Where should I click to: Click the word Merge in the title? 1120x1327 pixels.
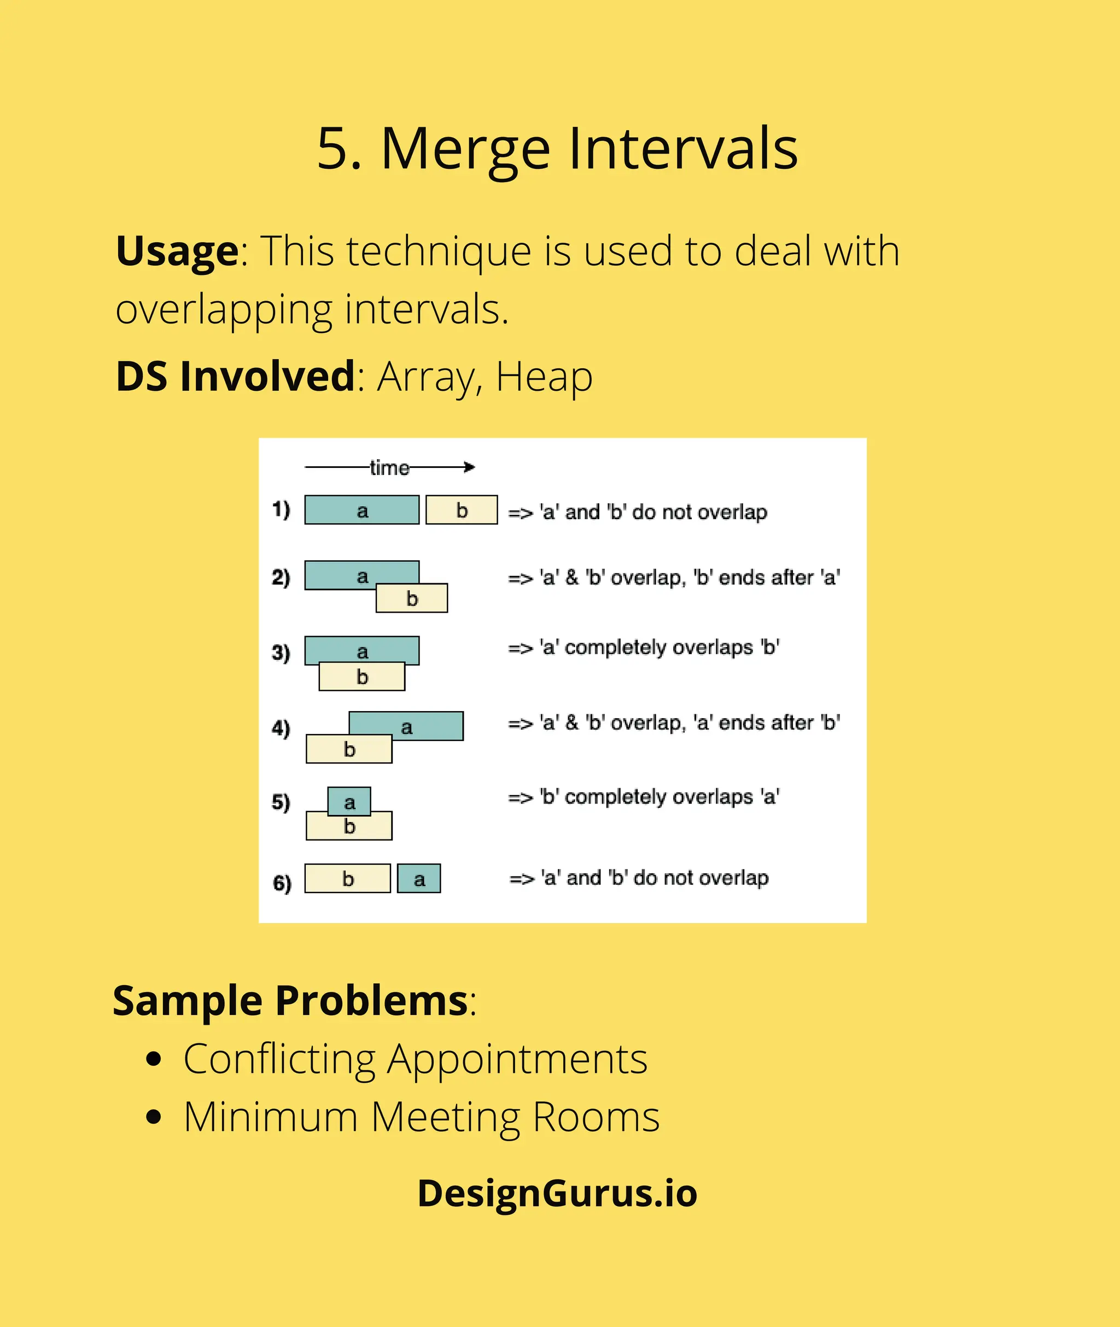point(465,150)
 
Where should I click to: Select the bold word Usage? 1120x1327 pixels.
point(177,251)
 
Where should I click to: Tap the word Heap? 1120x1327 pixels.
point(544,377)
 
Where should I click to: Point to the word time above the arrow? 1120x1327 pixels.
point(389,468)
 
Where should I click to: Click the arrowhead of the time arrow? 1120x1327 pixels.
point(470,468)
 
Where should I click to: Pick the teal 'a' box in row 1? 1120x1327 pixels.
point(361,510)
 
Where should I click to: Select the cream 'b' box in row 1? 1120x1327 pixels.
point(462,510)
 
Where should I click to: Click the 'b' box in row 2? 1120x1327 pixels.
point(412,599)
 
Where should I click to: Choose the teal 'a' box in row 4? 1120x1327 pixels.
point(406,726)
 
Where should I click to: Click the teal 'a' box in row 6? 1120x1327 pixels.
point(419,879)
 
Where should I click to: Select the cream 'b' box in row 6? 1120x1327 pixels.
point(348,879)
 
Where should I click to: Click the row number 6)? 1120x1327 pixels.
point(282,883)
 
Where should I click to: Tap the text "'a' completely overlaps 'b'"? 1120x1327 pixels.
point(659,647)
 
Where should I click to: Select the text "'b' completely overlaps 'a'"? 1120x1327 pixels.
point(659,797)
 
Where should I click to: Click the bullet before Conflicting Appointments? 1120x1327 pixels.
point(154,1059)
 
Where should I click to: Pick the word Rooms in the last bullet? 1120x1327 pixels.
point(596,1117)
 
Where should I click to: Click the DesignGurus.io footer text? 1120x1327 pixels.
point(557,1193)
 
